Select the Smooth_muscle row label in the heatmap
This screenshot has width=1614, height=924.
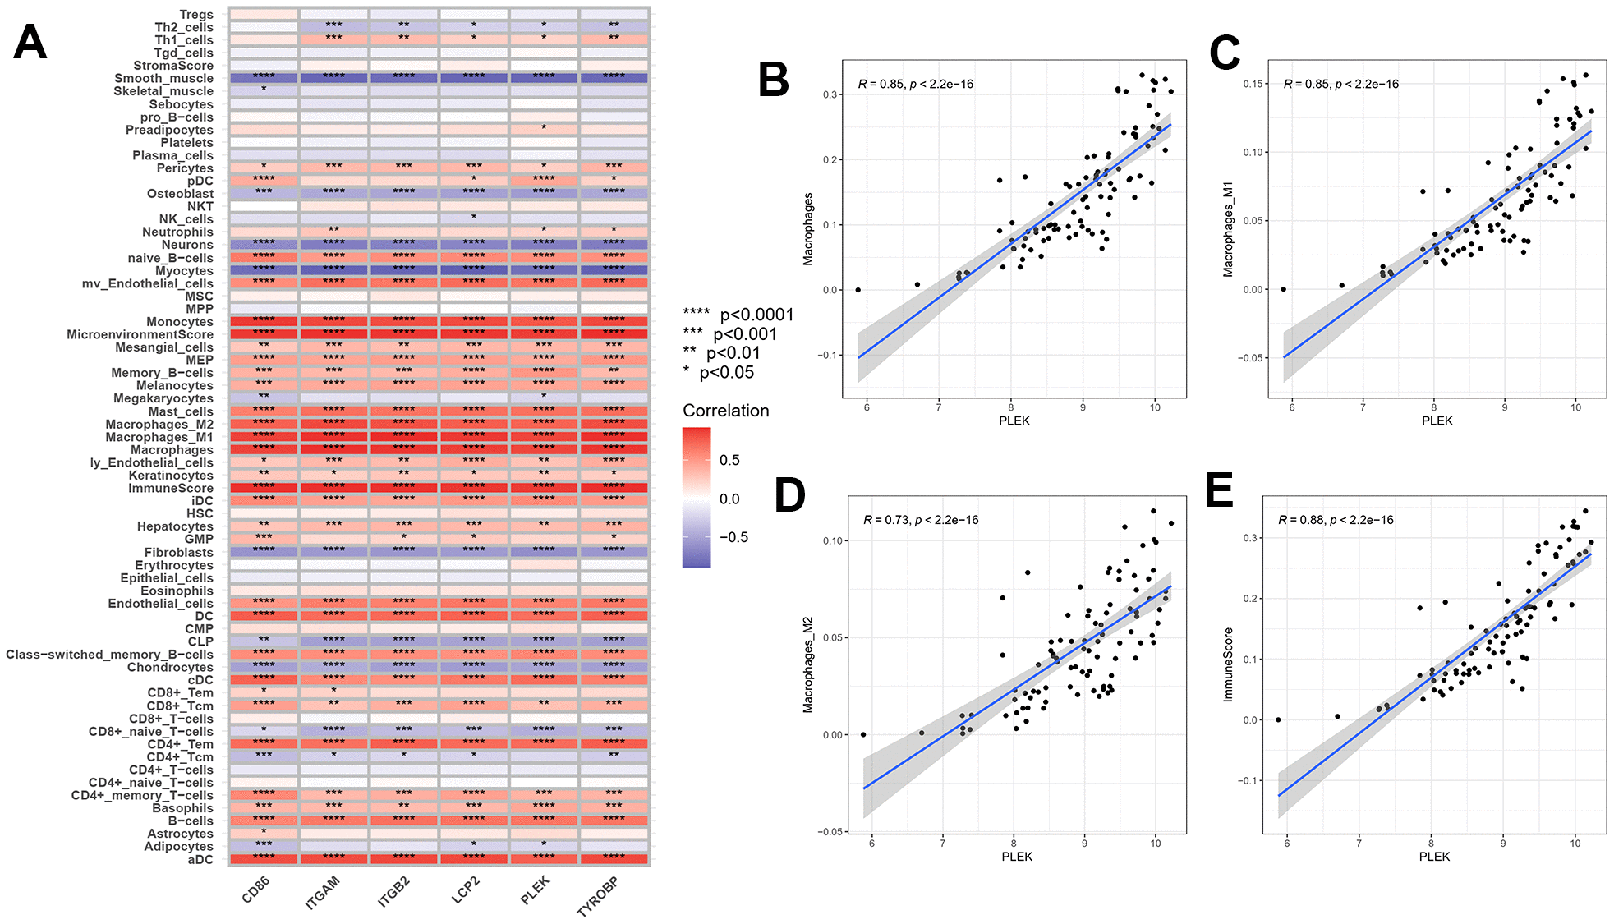pos(163,79)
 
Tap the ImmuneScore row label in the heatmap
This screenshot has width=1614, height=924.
pos(170,489)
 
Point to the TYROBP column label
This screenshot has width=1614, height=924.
pos(598,896)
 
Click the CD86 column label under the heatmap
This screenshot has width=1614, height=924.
pos(255,890)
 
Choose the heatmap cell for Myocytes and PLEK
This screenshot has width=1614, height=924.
pos(544,269)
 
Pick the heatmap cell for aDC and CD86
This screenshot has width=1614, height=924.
pos(264,858)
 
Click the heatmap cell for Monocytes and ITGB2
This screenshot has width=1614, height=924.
pos(404,320)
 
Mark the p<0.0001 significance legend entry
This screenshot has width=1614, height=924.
pos(738,315)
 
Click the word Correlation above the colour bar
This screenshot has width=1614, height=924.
pos(726,411)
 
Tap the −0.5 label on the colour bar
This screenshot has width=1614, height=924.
pos(733,537)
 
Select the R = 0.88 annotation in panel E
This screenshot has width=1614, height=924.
pos(1336,520)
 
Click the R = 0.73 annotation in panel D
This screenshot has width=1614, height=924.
pos(921,520)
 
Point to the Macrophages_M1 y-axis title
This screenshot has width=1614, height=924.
pos(1229,229)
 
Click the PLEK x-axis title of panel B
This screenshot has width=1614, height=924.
pos(1014,421)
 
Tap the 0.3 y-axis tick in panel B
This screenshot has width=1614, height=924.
pos(830,95)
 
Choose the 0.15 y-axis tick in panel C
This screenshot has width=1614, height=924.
pos(1253,84)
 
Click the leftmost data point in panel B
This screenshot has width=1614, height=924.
pos(858,290)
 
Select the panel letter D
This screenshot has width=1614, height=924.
pos(790,496)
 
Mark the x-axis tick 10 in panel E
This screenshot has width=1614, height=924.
pos(1575,844)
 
